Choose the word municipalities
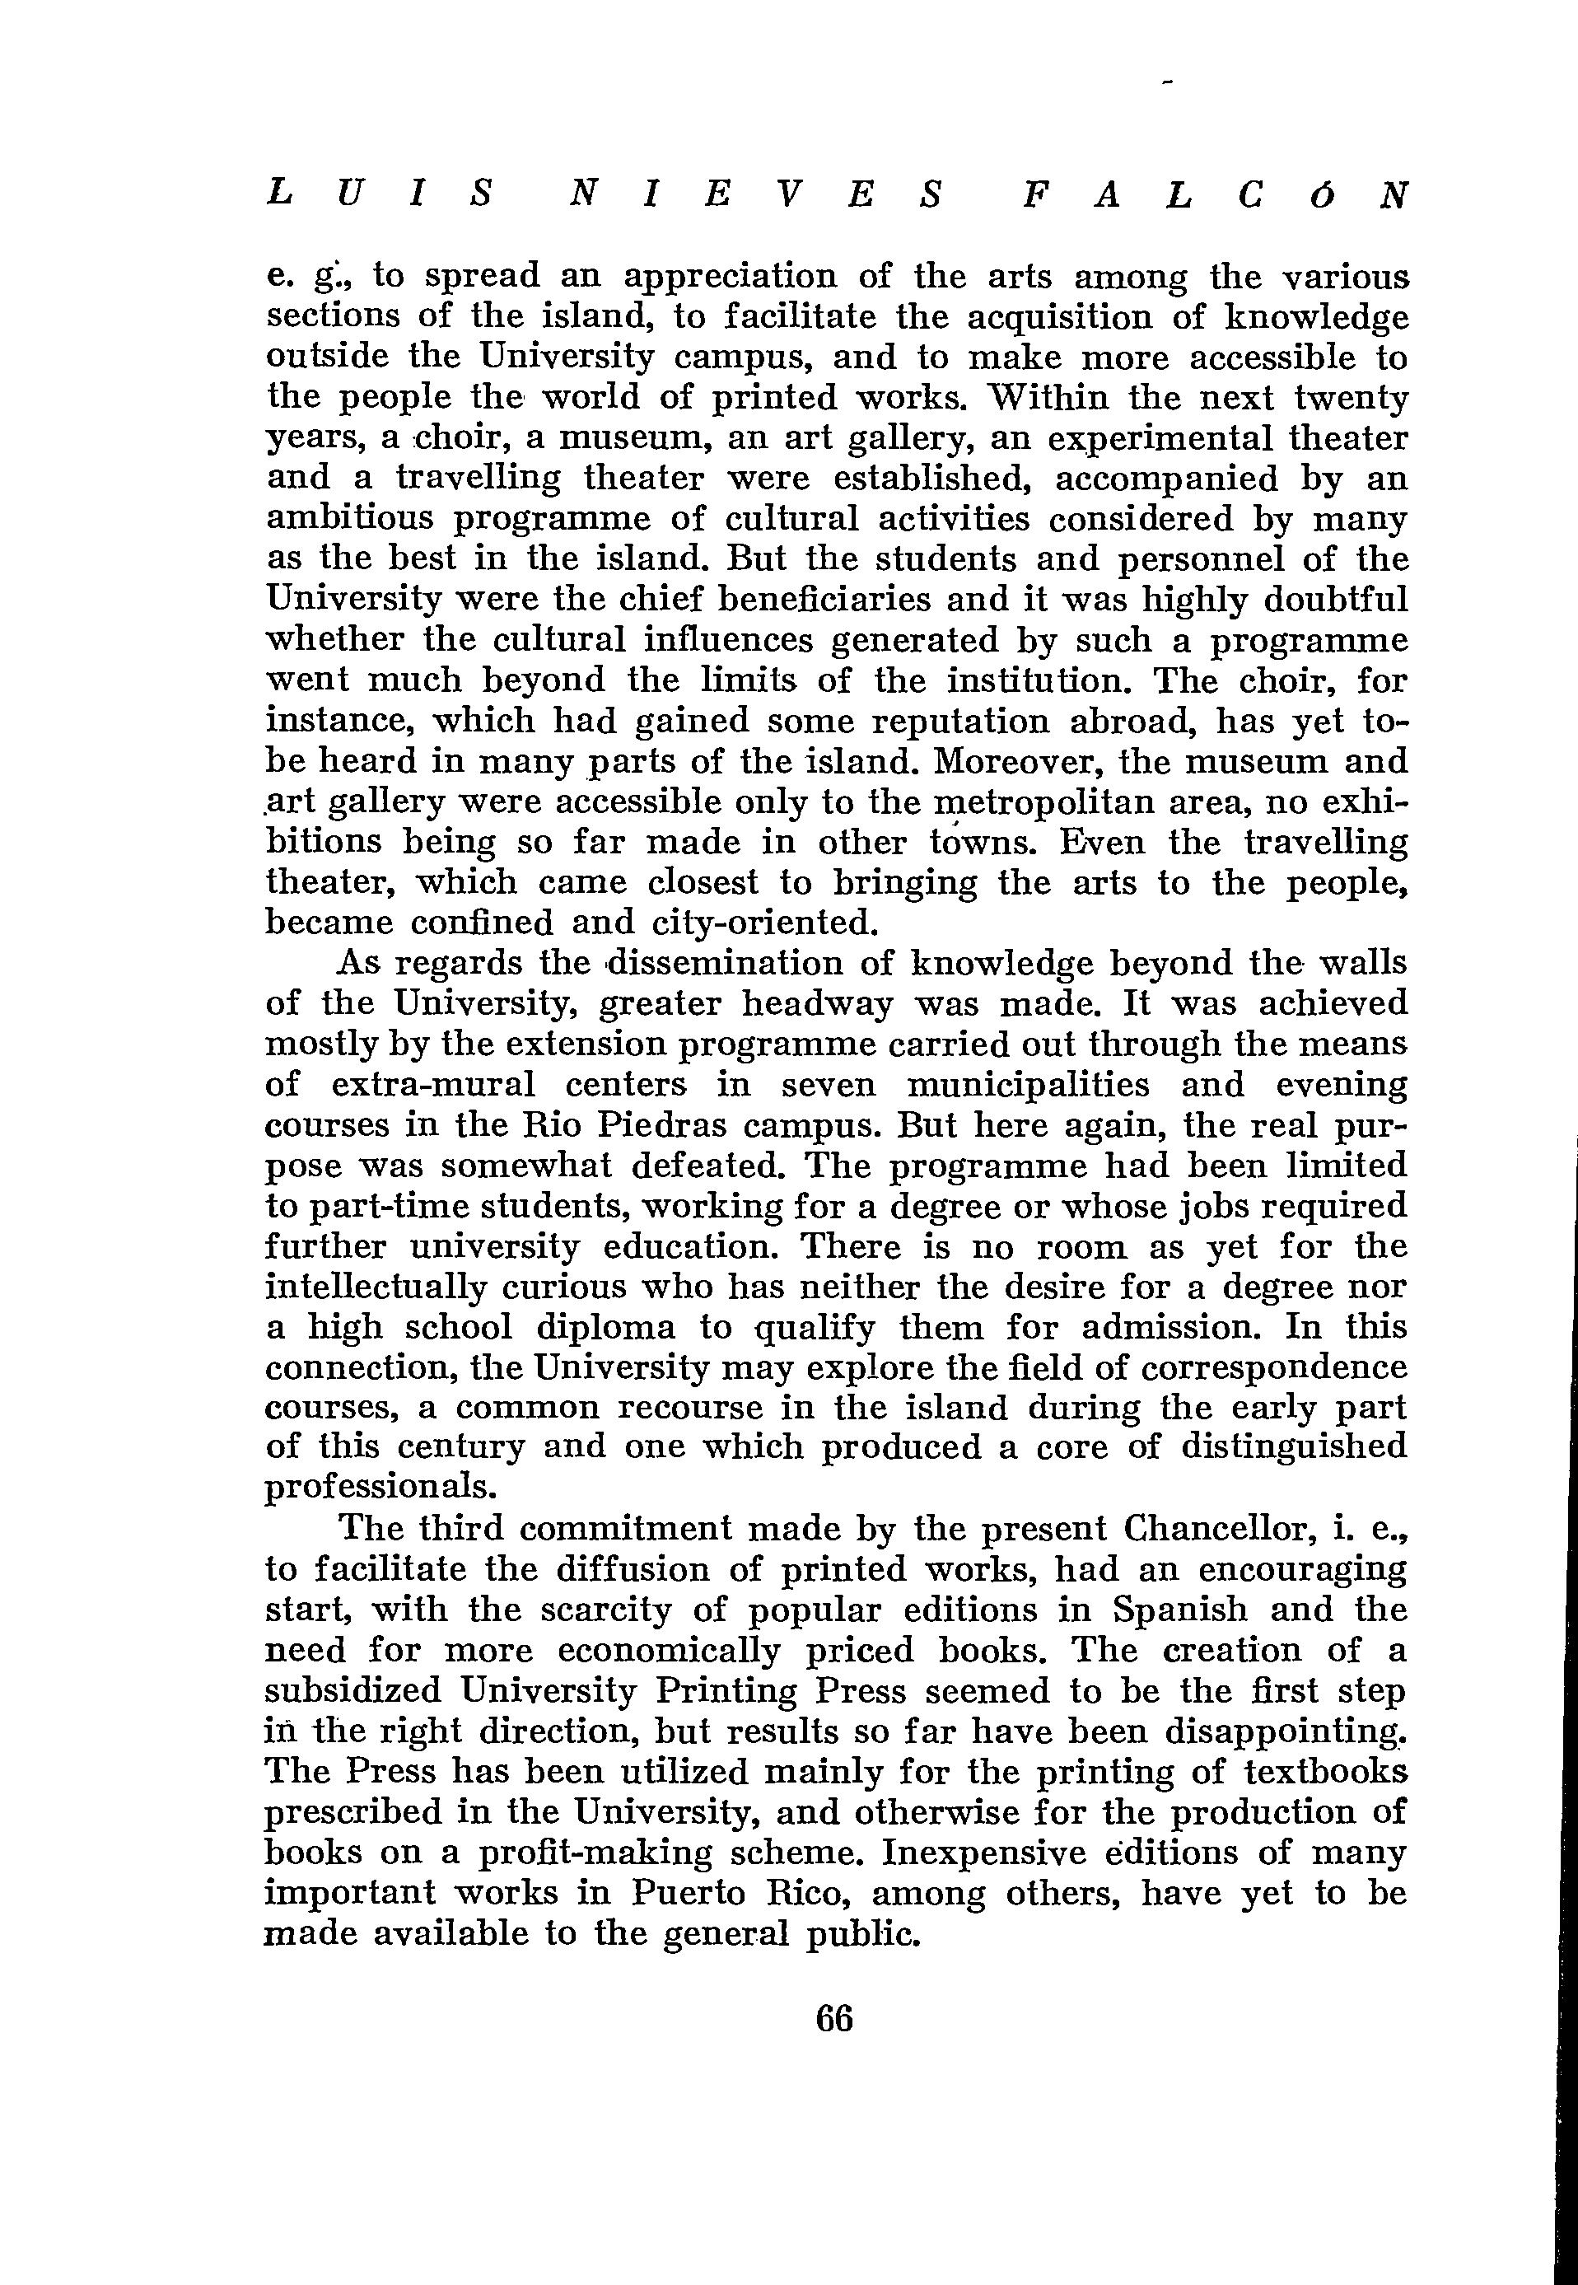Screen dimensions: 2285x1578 (x=1029, y=1086)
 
